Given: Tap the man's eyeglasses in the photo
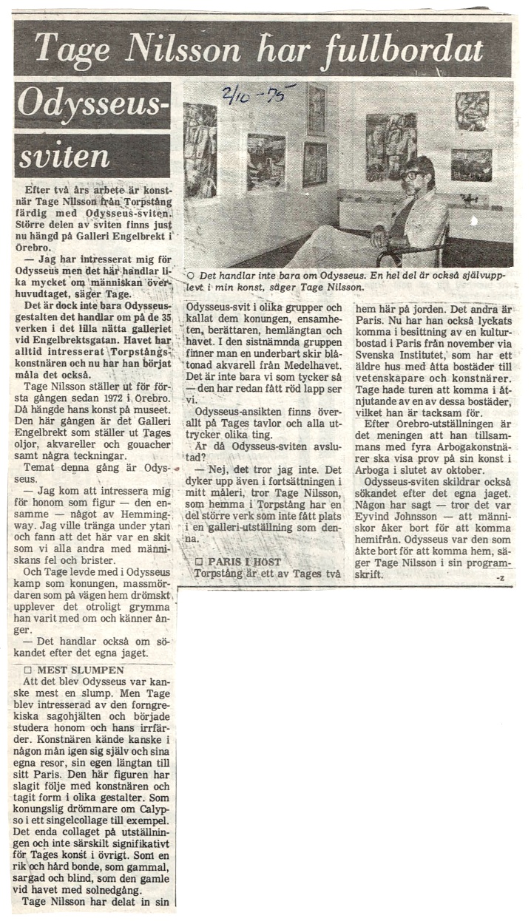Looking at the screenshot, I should click(414, 175).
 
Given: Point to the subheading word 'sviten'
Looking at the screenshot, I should click(64, 156).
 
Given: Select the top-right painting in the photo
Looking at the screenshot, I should click(472, 111).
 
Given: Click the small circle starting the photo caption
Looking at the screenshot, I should click(191, 275).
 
